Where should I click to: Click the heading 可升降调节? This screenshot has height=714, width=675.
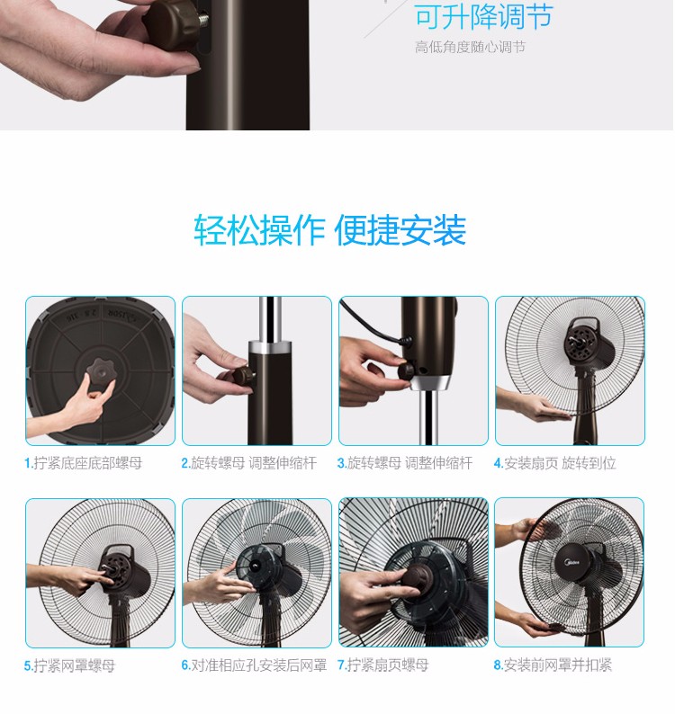click(483, 16)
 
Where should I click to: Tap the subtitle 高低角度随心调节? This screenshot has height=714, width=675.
click(470, 47)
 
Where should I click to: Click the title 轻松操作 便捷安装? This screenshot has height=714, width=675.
click(330, 230)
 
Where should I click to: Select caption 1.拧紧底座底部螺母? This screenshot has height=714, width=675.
click(84, 463)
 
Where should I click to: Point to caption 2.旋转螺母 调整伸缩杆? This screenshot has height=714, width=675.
click(249, 463)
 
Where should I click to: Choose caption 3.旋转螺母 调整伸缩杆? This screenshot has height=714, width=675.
click(405, 463)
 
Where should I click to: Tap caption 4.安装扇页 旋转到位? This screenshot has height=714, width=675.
click(555, 463)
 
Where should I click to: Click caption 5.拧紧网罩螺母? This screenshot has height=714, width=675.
click(69, 665)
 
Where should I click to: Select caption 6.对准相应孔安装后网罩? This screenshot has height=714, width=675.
click(254, 665)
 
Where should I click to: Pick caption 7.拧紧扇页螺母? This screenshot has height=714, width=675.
click(382, 665)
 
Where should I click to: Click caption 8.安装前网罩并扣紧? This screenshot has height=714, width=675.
click(553, 665)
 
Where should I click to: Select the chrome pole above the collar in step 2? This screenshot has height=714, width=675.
click(270, 318)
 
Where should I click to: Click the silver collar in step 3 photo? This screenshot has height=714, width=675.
click(430, 383)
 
